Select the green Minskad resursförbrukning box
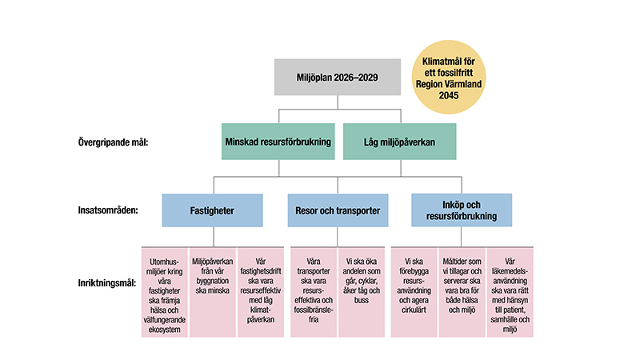pos(279,142)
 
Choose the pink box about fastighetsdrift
pos(261,290)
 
